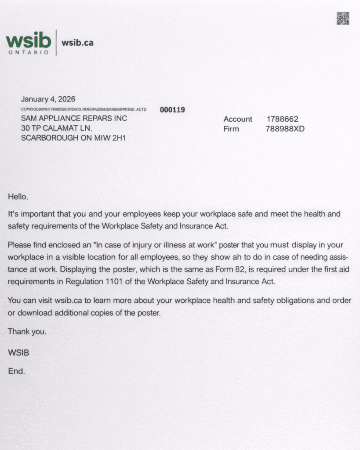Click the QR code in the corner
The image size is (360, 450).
(343, 18)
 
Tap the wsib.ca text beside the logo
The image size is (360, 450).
(77, 43)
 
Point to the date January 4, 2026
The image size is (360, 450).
(48, 99)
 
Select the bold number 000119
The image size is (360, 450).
(172, 109)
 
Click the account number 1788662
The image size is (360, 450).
(283, 119)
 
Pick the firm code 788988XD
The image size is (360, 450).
(285, 129)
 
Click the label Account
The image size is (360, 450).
(238, 119)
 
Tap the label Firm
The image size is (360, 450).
(231, 129)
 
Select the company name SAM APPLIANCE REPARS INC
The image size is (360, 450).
(74, 118)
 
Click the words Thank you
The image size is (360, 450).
(27, 332)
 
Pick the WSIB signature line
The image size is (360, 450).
(18, 352)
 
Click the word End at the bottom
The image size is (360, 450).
(16, 371)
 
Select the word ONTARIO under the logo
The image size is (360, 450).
(29, 52)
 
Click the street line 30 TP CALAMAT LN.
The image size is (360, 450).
(57, 128)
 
